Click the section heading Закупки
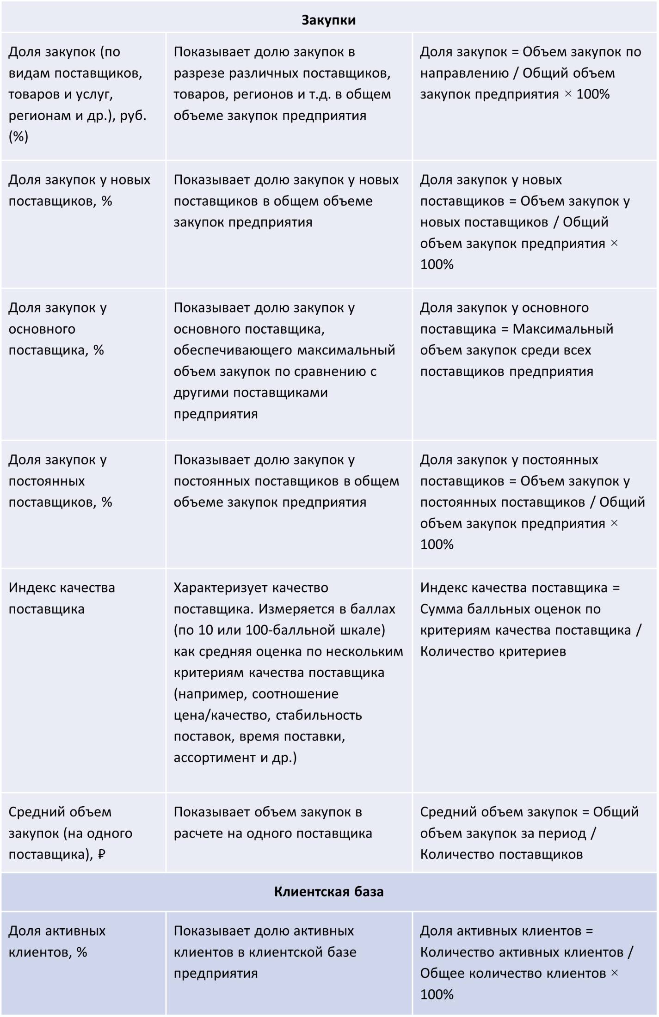[x=328, y=20]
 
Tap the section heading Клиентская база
[x=328, y=892]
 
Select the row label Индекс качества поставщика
[x=62, y=598]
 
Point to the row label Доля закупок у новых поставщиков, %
[x=79, y=190]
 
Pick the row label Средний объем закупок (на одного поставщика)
[x=70, y=833]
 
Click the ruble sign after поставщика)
[x=102, y=854]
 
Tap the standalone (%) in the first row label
[x=18, y=136]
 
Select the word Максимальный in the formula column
[x=563, y=329]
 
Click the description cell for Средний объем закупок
[x=273, y=822]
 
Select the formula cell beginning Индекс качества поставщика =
[x=530, y=619]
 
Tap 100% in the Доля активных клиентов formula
[x=437, y=994]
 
